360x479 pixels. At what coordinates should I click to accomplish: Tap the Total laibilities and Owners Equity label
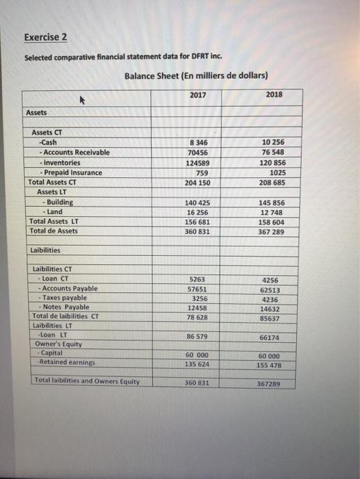(x=87, y=381)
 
